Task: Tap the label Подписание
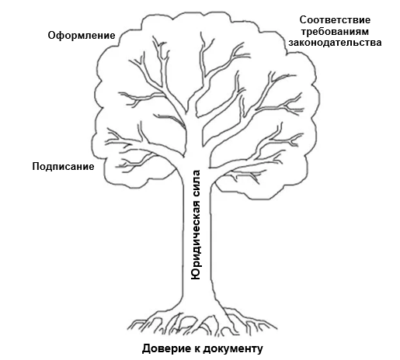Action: (x=63, y=166)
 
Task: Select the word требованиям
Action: (x=339, y=31)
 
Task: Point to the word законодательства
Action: (x=339, y=43)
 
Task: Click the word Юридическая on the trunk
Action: (x=197, y=232)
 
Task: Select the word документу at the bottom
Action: (x=238, y=347)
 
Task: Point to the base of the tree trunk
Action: (x=199, y=306)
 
